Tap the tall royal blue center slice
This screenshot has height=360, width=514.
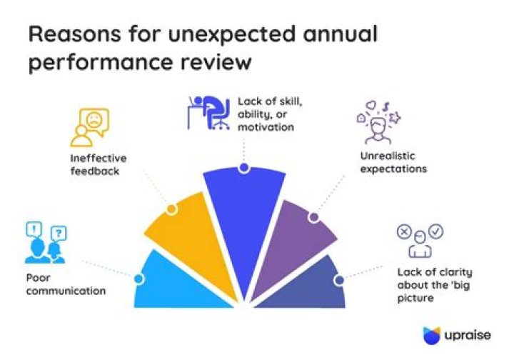[243, 229]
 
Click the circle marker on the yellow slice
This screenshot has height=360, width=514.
[171, 209]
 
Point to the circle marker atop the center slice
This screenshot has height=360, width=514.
[244, 169]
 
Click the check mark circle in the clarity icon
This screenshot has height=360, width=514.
[436, 231]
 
